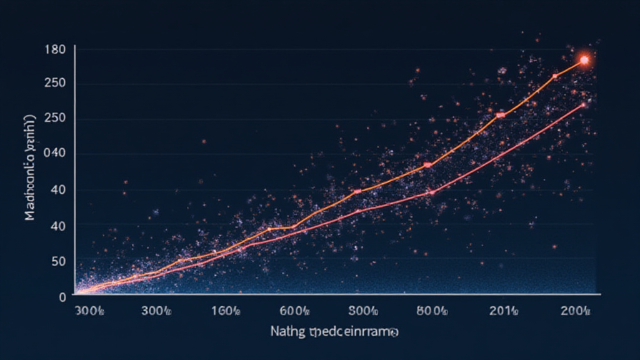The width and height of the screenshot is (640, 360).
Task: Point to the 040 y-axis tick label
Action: click(56, 154)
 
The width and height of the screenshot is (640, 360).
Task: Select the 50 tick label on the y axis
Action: click(59, 261)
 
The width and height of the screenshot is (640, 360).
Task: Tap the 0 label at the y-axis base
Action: click(62, 297)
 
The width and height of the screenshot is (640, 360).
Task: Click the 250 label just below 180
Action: click(56, 84)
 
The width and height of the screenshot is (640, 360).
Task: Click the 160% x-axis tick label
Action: click(226, 311)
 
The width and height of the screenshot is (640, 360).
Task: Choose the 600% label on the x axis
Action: click(294, 311)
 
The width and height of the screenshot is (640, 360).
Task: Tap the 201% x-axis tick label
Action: click(503, 311)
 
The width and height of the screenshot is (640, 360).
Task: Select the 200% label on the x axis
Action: click(575, 311)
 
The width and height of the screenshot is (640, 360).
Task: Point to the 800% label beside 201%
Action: click(432, 311)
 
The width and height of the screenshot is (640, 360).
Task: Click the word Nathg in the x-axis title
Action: click(286, 331)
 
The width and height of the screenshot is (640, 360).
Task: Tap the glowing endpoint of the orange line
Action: click(584, 60)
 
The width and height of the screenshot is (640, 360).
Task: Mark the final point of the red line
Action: click(583, 104)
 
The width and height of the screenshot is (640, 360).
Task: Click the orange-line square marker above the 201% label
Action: click(500, 115)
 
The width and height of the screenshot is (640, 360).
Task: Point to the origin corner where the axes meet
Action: click(75, 293)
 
